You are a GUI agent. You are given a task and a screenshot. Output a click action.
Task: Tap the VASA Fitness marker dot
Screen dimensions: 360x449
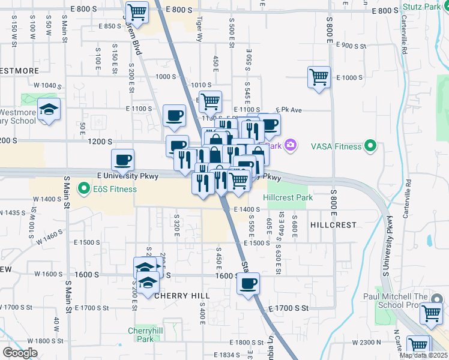pyautogui.click(x=371, y=146)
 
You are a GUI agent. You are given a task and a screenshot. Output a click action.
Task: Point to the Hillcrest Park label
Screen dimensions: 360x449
pyautogui.click(x=284, y=197)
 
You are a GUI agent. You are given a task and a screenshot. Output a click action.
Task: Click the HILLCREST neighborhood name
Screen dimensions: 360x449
pyautogui.click(x=333, y=224)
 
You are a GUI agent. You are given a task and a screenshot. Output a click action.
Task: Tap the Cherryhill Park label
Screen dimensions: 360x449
pyautogui.click(x=141, y=335)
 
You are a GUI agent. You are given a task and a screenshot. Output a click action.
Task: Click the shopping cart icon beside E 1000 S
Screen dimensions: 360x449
pyautogui.click(x=319, y=77)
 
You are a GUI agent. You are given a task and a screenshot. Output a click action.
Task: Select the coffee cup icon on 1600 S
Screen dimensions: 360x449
pyautogui.click(x=247, y=283)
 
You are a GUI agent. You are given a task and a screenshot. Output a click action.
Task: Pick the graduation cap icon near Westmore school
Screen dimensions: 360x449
pyautogui.click(x=49, y=109)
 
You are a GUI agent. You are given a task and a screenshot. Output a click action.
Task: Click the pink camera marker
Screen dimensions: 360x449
pyautogui.click(x=291, y=145)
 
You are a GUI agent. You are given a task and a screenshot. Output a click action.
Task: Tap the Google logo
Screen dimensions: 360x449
pyautogui.click(x=19, y=353)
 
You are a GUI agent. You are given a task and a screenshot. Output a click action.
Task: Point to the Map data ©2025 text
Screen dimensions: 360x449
pyautogui.click(x=424, y=355)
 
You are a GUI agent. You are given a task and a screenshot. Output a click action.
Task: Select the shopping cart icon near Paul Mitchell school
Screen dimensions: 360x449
pyautogui.click(x=431, y=313)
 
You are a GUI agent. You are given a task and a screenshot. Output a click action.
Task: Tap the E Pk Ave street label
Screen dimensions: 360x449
pyautogui.click(x=288, y=110)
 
